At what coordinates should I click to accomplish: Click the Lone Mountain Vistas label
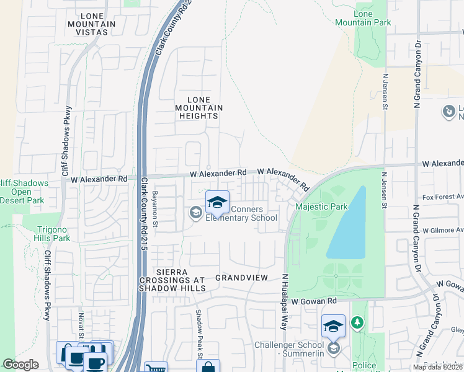(92, 24)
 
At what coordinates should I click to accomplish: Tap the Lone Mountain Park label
(363, 18)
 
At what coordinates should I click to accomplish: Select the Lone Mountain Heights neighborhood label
(199, 108)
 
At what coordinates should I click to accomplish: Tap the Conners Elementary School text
(242, 213)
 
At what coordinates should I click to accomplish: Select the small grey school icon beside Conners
(195, 214)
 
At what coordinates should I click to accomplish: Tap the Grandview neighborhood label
(241, 278)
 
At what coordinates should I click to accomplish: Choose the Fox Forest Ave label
(442, 197)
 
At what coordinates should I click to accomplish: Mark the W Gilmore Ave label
(442, 229)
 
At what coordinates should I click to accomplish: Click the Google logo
(20, 365)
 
